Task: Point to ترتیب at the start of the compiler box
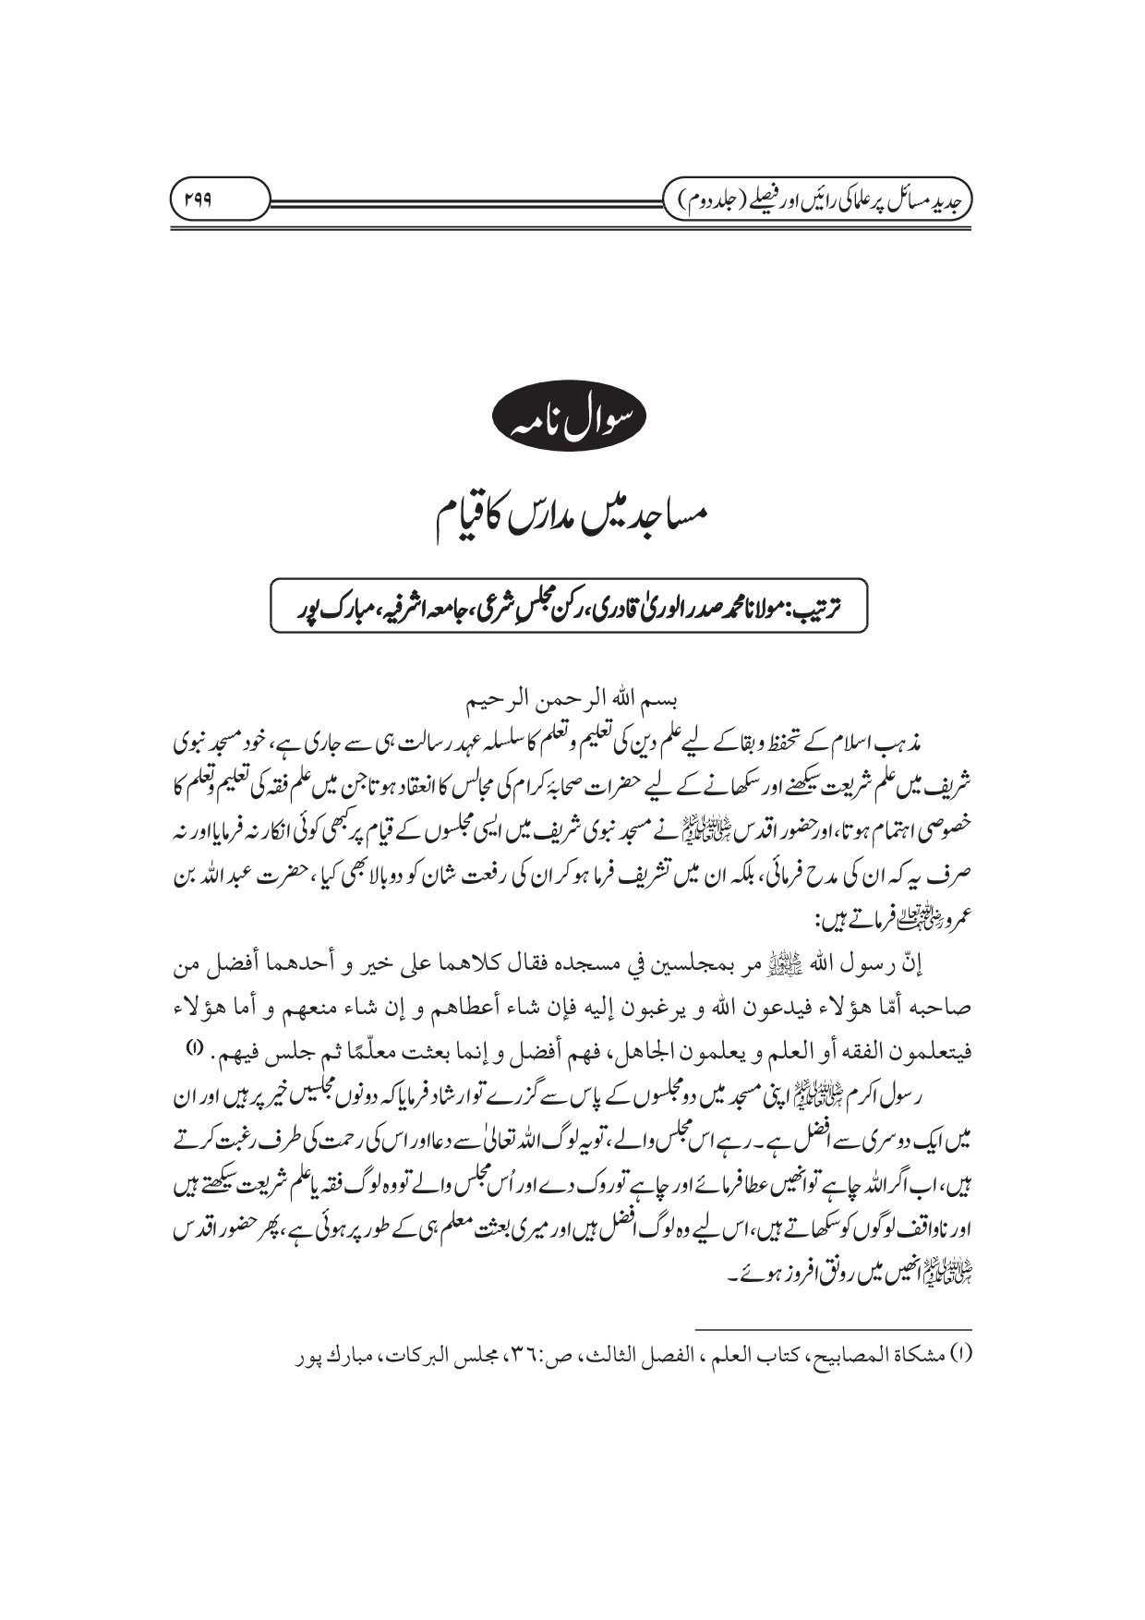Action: tap(838, 606)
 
